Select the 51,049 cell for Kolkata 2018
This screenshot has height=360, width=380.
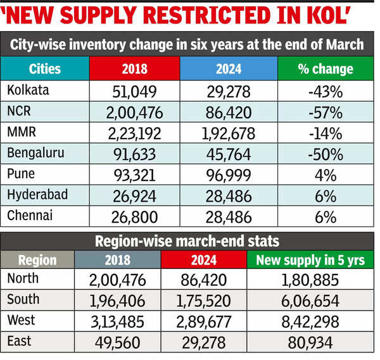click(134, 92)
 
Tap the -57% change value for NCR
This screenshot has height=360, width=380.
click(325, 113)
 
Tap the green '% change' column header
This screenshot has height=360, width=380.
click(325, 68)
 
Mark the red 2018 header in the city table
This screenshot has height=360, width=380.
click(134, 68)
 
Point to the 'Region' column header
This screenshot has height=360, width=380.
click(37, 260)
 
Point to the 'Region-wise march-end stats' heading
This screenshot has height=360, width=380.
click(187, 240)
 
